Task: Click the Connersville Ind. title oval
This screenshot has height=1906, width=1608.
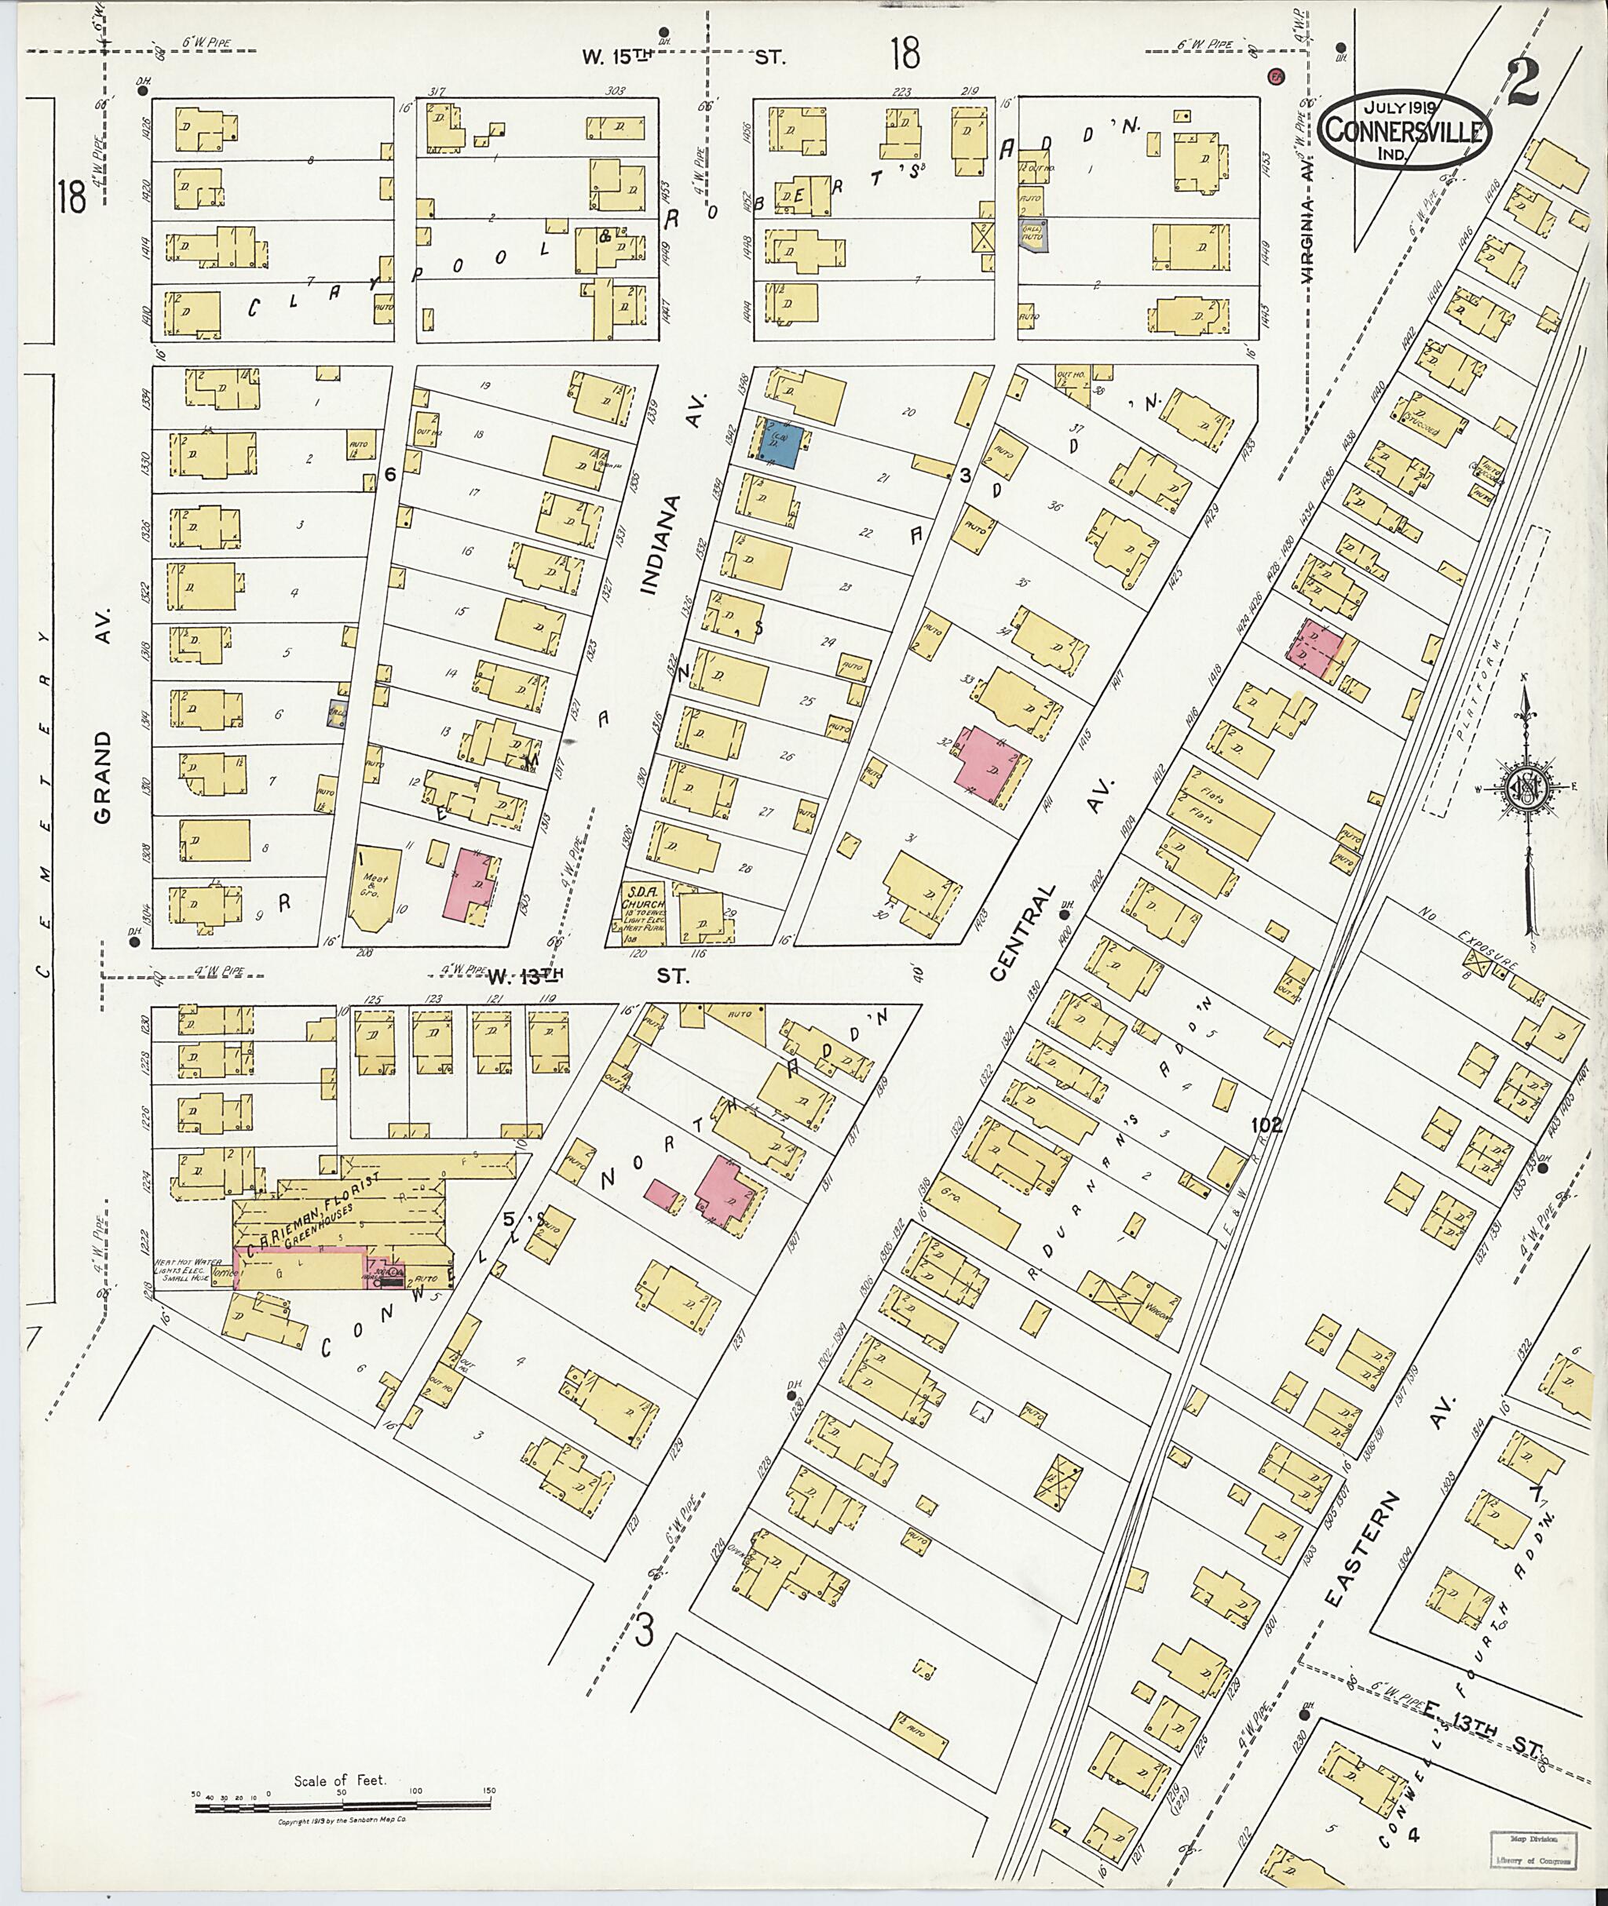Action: [x=1403, y=129]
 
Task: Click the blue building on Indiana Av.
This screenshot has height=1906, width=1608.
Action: [x=783, y=446]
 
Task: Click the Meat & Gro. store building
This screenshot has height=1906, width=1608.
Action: [x=375, y=889]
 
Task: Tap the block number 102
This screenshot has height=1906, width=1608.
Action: [x=1266, y=1126]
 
